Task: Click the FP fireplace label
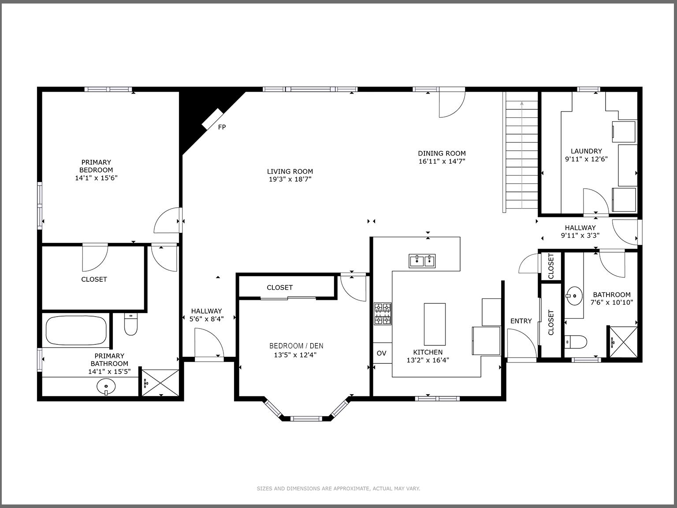(222, 127)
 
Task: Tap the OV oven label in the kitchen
(381, 353)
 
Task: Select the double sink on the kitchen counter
(422, 261)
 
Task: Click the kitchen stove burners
(383, 314)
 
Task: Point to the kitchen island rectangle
(435, 324)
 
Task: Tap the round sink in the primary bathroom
(106, 387)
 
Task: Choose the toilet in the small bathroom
(576, 342)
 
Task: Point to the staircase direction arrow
(522, 104)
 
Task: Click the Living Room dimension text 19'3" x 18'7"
(290, 179)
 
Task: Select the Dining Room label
(442, 153)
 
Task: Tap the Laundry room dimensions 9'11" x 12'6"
(586, 159)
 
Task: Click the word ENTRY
(521, 321)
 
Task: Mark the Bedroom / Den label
(296, 346)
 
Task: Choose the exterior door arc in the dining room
(452, 105)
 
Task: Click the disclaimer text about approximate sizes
(338, 489)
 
